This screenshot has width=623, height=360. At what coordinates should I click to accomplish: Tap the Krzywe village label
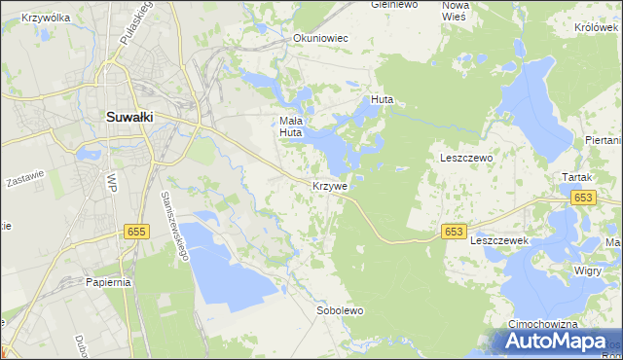point(330,185)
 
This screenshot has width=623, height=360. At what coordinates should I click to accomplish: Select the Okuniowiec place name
point(320,39)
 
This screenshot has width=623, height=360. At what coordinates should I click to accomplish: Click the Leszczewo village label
point(466,158)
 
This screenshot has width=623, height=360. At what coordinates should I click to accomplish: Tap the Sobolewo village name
point(340,311)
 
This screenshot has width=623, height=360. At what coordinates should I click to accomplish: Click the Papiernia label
point(106,282)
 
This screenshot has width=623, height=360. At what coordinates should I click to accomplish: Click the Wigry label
point(587,270)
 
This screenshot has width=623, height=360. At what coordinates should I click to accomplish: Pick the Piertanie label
point(605,140)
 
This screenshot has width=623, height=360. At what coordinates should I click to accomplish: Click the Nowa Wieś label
point(455,11)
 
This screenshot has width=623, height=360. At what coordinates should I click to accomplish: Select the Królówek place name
point(597,28)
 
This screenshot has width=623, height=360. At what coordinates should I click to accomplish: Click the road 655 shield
point(136,230)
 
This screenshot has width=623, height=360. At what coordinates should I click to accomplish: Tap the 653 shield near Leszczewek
point(453,231)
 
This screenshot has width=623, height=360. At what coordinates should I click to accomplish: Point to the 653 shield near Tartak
point(583,198)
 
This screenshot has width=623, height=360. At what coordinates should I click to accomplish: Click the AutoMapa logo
point(555,341)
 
